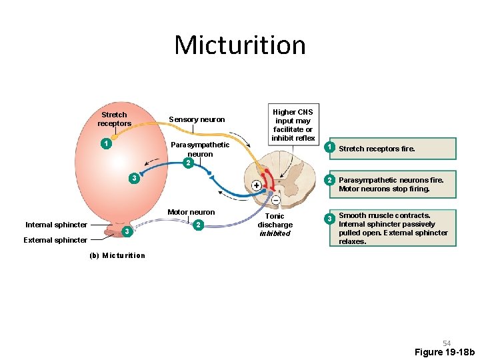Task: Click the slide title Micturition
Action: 240,45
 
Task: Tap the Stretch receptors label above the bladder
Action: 114,119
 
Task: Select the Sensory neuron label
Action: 197,120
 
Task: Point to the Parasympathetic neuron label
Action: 200,149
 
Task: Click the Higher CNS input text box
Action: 292,124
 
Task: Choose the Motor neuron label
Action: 191,212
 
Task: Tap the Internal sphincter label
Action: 56,225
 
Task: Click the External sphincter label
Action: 55,240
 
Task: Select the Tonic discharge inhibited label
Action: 275,225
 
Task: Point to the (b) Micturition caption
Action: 117,255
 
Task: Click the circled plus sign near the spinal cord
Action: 256,185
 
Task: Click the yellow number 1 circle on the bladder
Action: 105,143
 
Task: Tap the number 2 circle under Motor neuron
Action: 197,225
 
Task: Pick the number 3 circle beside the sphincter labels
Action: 126,231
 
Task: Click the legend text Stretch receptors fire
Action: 377,149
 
